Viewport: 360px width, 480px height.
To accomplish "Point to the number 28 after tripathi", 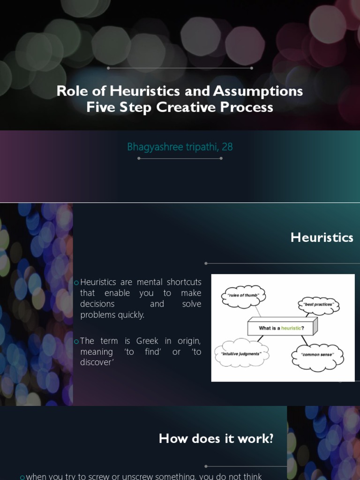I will click(227, 147).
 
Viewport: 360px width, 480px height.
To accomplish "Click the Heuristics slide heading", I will click(322, 238).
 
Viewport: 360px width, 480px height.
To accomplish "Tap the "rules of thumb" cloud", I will click(243, 295).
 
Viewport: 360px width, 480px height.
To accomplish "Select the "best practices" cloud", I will click(318, 305).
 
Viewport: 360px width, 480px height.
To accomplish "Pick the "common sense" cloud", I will click(317, 355).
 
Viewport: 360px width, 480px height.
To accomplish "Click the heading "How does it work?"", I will click(216, 439).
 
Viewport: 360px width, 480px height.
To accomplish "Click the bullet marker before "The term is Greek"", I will click(76, 341).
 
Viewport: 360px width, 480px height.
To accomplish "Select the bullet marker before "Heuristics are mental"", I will click(76, 282).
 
